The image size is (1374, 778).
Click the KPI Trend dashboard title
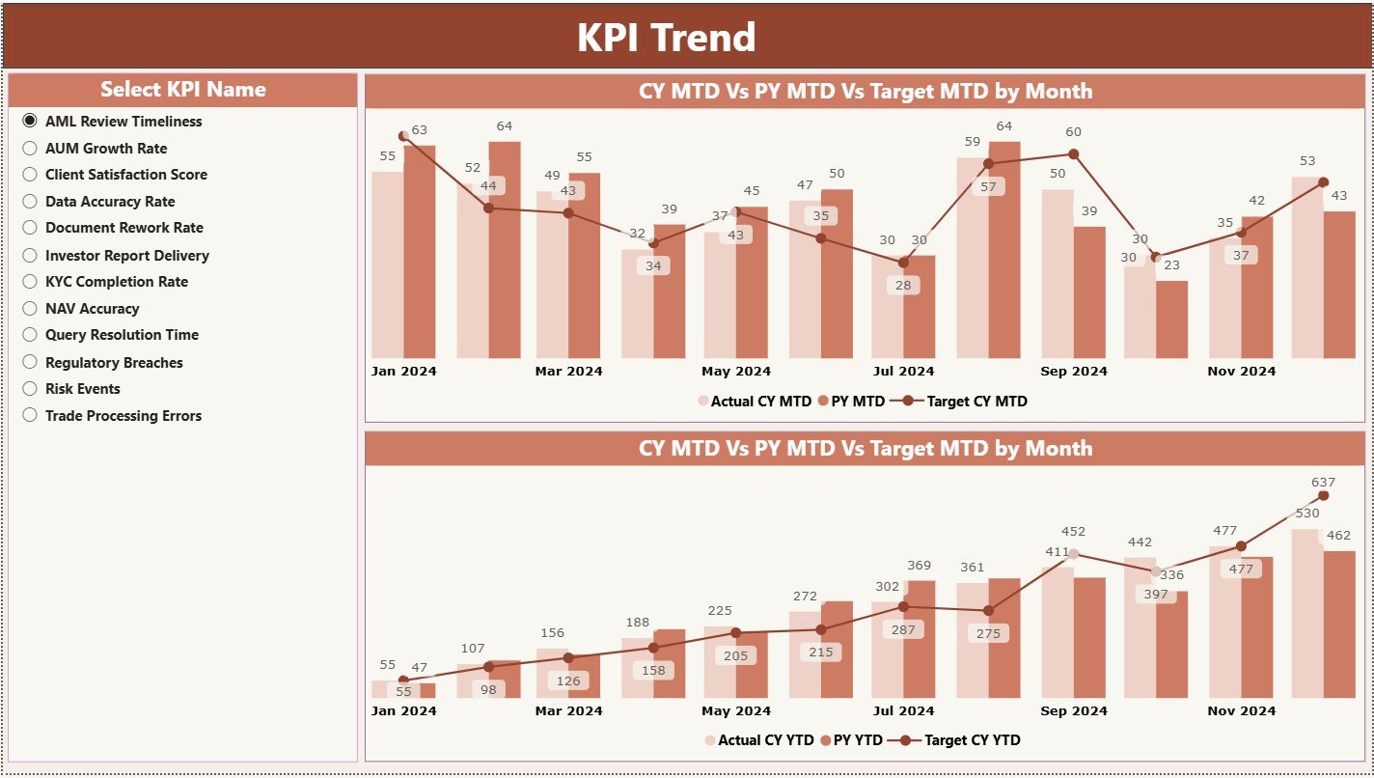(x=666, y=38)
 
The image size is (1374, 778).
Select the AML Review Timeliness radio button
(x=30, y=121)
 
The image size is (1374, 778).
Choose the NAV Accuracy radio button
(x=30, y=309)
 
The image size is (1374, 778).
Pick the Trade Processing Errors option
(x=30, y=415)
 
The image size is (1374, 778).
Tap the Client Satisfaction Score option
(x=30, y=175)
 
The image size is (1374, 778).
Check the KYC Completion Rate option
(x=30, y=282)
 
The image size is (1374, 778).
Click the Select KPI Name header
(x=183, y=90)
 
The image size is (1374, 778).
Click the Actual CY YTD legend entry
(x=760, y=740)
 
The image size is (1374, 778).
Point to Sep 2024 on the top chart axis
(x=1074, y=372)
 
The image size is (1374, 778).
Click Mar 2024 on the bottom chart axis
(x=568, y=711)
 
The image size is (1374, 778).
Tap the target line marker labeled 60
(x=1073, y=153)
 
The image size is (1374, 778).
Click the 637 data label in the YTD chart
(x=1323, y=482)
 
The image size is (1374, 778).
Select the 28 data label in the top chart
(x=903, y=286)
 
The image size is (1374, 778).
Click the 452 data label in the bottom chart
(x=1073, y=531)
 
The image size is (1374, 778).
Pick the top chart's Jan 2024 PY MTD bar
(x=420, y=251)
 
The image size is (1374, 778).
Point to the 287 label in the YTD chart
(x=903, y=629)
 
